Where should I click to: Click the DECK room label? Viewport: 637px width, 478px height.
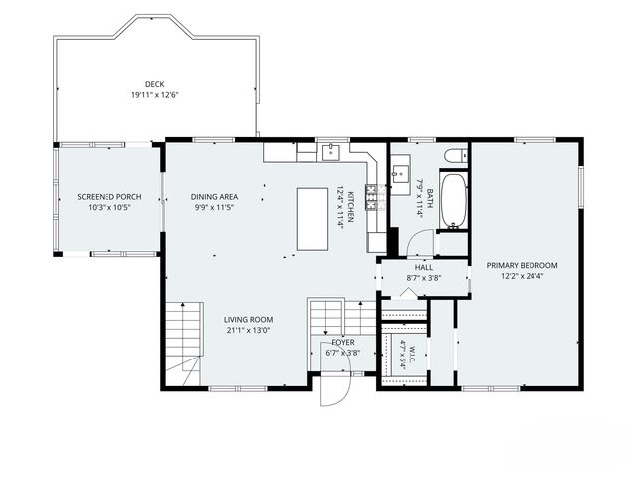[x=155, y=84]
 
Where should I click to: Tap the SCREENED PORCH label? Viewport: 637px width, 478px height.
[x=109, y=197]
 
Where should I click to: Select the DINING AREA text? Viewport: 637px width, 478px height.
[x=215, y=197]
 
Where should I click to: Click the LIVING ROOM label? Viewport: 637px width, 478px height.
[x=248, y=320]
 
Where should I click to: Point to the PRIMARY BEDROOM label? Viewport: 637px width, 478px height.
[x=522, y=266]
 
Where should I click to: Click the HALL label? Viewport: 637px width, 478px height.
[x=424, y=268]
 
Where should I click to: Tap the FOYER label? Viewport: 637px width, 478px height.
[x=343, y=343]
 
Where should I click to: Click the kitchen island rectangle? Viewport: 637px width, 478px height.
[x=313, y=219]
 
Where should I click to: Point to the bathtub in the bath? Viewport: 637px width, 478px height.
[x=454, y=201]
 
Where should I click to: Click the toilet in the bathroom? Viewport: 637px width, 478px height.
[x=456, y=156]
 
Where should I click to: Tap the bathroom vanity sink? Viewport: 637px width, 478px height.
[x=400, y=174]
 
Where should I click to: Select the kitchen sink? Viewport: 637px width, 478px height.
[x=332, y=152]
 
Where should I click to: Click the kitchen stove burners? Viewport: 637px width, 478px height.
[x=371, y=197]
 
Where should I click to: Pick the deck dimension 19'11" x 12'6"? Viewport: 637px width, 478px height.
[x=155, y=96]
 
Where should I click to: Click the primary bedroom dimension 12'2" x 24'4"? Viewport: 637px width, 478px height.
[x=522, y=277]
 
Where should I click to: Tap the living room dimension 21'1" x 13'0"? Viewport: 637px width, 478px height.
[x=248, y=330]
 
